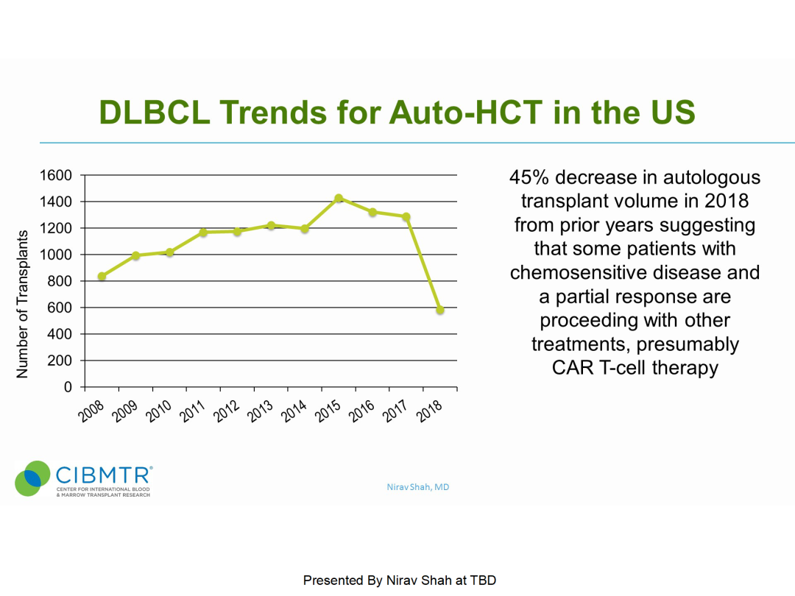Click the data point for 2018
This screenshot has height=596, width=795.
coord(440,310)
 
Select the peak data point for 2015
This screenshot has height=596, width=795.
coord(339,198)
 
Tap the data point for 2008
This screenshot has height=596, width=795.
coord(102,277)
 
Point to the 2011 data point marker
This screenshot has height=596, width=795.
coord(203,233)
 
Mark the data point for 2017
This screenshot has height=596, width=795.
coord(406,217)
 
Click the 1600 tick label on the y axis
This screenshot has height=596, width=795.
coord(55,175)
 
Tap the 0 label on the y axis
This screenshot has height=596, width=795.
coord(68,387)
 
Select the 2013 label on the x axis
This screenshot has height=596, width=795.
coord(261,411)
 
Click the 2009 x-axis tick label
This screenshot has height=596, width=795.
coord(125,411)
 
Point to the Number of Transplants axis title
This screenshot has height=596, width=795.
coord(22,304)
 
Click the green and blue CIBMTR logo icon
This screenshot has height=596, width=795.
coord(32,478)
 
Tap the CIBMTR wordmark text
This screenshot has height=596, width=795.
coord(104,474)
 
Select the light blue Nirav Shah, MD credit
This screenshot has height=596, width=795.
coord(418,487)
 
